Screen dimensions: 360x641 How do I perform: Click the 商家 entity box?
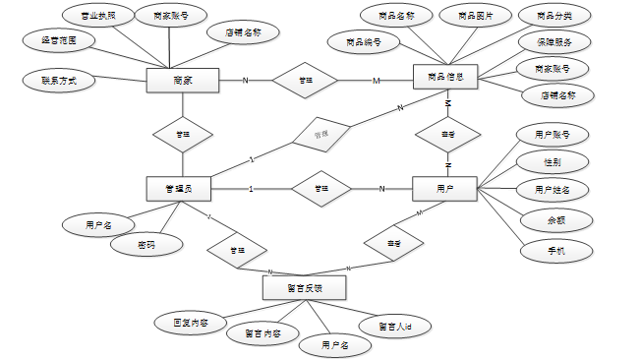182,80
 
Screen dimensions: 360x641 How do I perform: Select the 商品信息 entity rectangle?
444,76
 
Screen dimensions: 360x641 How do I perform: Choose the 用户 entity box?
444,189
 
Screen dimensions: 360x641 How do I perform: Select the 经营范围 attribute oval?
59,40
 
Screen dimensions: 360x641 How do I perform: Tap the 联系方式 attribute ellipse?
59,80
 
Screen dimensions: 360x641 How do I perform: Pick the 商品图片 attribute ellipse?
475,15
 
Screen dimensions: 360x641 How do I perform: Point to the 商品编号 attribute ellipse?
365,41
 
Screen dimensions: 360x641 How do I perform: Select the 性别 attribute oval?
552,160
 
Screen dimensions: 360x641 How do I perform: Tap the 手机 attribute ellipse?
555,251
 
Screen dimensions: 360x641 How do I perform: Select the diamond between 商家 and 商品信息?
305,80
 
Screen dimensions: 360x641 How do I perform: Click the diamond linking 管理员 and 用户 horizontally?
320,189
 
